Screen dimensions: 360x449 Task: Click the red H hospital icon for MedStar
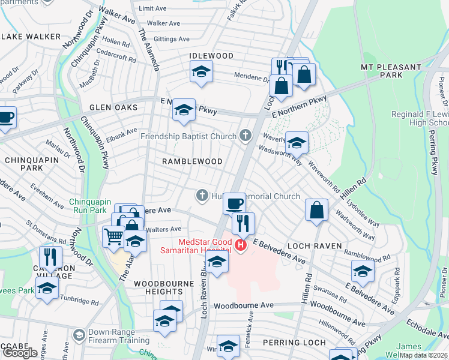click(x=241, y=245)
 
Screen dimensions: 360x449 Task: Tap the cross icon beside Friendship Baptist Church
click(x=245, y=136)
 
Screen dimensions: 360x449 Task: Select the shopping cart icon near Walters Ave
click(x=113, y=236)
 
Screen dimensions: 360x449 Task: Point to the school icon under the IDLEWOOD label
click(x=202, y=72)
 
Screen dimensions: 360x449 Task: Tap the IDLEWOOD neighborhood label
click(x=211, y=56)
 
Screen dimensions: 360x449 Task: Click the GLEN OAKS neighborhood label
click(x=113, y=107)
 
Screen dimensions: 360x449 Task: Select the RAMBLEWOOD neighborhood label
click(x=193, y=161)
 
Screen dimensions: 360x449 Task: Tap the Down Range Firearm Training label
click(x=119, y=337)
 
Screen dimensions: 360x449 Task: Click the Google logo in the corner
click(x=20, y=353)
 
